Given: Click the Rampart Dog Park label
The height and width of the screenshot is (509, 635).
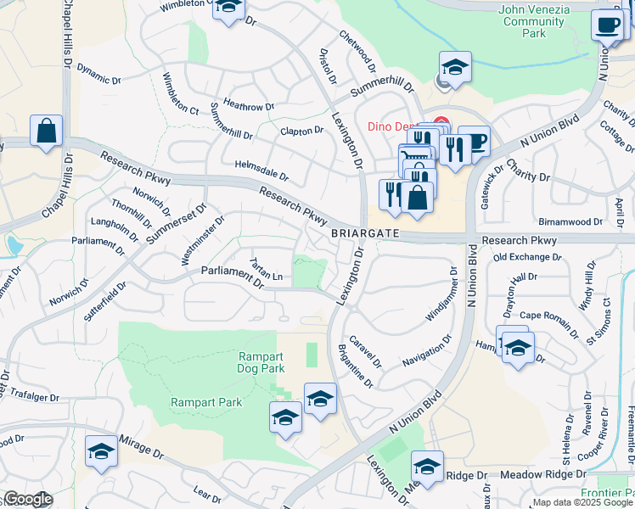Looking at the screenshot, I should click(x=261, y=362).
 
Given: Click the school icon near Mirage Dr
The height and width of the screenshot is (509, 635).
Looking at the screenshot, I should click(x=101, y=451).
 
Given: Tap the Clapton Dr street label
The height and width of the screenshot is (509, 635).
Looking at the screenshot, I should click(x=302, y=131).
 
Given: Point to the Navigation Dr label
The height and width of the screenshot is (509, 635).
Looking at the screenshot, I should click(x=427, y=350).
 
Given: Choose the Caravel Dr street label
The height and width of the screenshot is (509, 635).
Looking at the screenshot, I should click(x=366, y=346).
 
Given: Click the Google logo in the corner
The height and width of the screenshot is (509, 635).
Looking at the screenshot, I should click(x=28, y=500).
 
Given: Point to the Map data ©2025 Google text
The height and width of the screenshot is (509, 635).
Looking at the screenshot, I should click(x=582, y=502).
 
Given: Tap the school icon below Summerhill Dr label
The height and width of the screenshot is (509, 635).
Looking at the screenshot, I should click(x=454, y=68).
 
